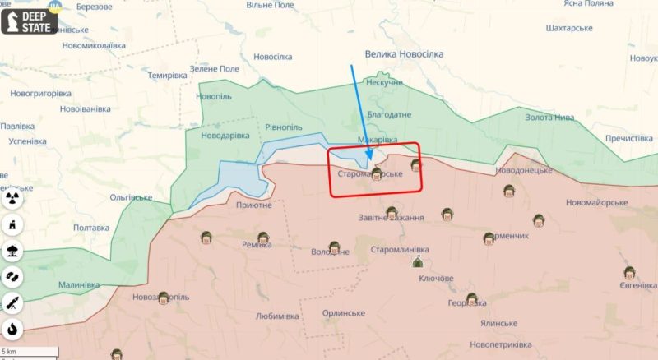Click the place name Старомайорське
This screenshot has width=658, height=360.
tap(370, 175)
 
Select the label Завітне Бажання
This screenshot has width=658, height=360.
tap(392, 218)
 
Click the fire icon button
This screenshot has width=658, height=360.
tap(13, 330)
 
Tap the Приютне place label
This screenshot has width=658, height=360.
tap(253, 205)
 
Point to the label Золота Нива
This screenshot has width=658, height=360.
tap(550, 118)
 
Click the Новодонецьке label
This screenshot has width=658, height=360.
tap(523, 170)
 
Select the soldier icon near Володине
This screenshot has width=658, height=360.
tap(334, 247)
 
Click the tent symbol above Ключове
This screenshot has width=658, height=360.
tap(417, 262)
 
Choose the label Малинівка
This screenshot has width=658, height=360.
tap(79, 284)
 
